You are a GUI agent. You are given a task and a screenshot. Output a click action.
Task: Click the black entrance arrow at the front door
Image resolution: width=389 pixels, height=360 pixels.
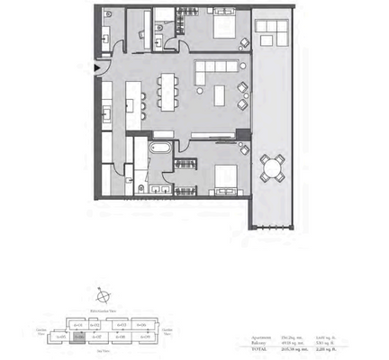97,68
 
